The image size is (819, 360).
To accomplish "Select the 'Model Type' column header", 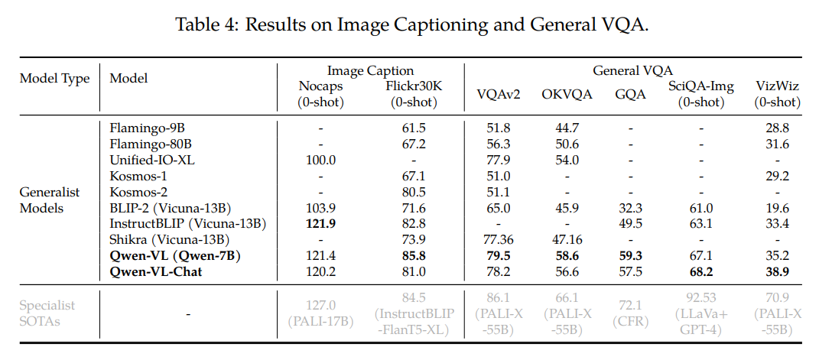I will [54, 79].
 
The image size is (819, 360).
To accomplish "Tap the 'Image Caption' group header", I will [370, 71].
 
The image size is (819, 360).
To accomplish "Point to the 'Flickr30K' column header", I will [414, 86].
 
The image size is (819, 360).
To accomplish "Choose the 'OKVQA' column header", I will [567, 94].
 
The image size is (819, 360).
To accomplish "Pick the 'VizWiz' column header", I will [777, 86].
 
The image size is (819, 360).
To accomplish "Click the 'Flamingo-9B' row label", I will [141, 127].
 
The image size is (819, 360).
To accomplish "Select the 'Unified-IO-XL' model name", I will [148, 160].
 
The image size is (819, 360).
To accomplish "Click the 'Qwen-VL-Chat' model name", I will [156, 271].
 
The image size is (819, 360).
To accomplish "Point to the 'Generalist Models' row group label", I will [50, 199].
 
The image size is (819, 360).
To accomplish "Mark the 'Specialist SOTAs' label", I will [48, 313].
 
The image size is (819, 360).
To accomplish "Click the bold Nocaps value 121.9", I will [321, 223].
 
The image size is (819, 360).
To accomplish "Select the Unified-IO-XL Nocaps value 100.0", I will [321, 160].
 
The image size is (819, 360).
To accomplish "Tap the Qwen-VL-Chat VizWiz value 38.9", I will [777, 271].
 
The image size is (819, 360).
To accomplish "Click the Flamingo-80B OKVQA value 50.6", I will [567, 144].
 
